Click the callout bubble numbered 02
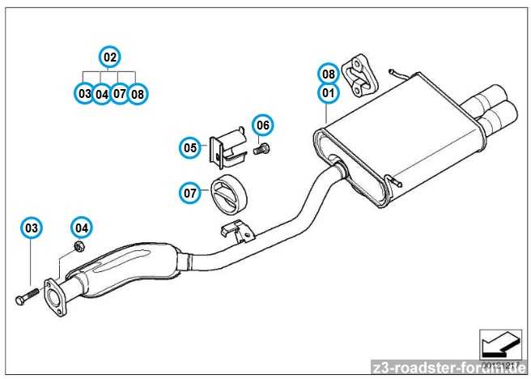coord(109,57)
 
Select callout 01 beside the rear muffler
coord(327,93)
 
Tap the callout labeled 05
coord(189,147)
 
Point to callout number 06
coord(262,125)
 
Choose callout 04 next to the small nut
coord(82,228)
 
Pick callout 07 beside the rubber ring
coord(189,193)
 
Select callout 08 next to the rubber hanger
coord(327,74)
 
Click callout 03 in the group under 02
coord(83,94)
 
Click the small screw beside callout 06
coord(262,148)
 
